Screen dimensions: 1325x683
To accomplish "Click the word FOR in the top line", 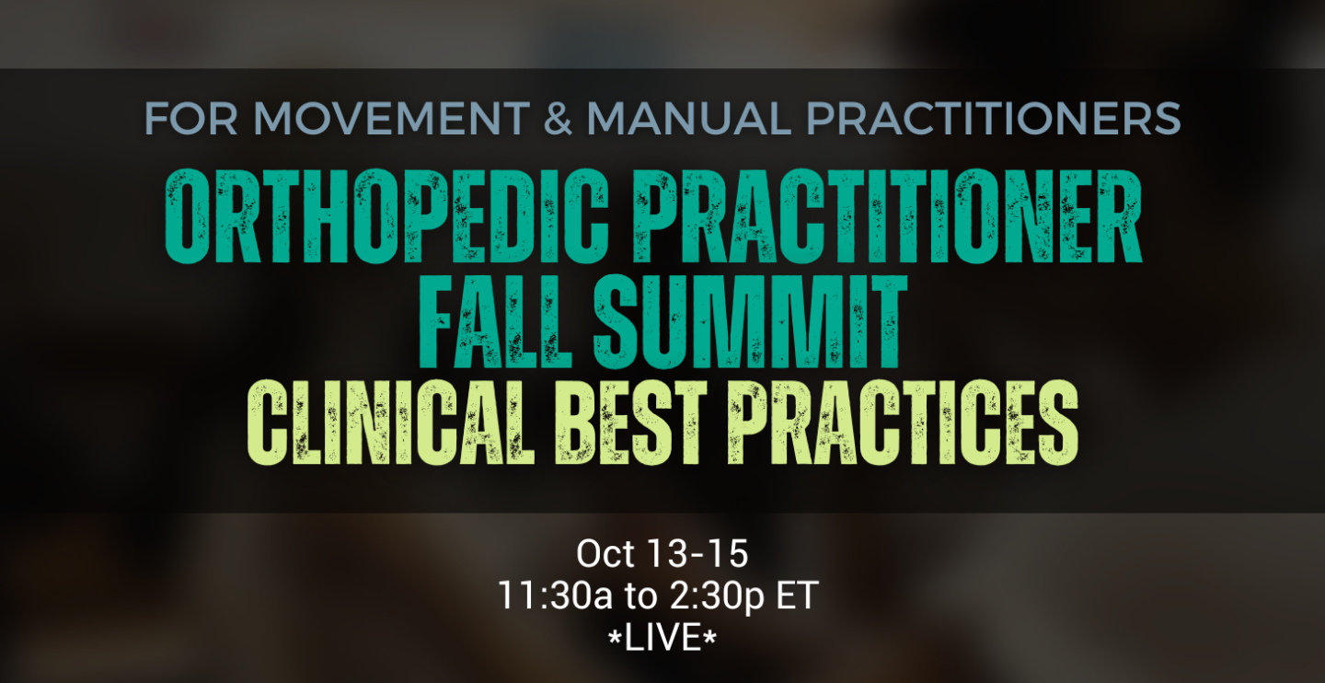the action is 190,119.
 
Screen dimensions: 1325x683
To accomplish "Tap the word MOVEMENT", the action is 391,119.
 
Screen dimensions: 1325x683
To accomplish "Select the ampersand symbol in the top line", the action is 558,119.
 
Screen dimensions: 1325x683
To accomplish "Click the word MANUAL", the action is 688,119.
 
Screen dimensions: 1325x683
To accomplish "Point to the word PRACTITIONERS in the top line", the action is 994,119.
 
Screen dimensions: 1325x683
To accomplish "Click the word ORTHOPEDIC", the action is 386,216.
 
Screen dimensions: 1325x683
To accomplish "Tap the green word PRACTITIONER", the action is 887,216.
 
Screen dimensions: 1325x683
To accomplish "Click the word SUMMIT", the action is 750,322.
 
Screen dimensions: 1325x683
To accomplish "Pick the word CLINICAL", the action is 391,422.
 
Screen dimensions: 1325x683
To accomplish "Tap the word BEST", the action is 631,422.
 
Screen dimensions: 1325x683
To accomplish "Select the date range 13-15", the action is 698,554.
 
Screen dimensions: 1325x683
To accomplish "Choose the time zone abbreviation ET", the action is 798,596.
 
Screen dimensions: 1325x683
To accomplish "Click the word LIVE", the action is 662,638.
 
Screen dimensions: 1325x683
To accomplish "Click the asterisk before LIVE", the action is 616,632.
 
